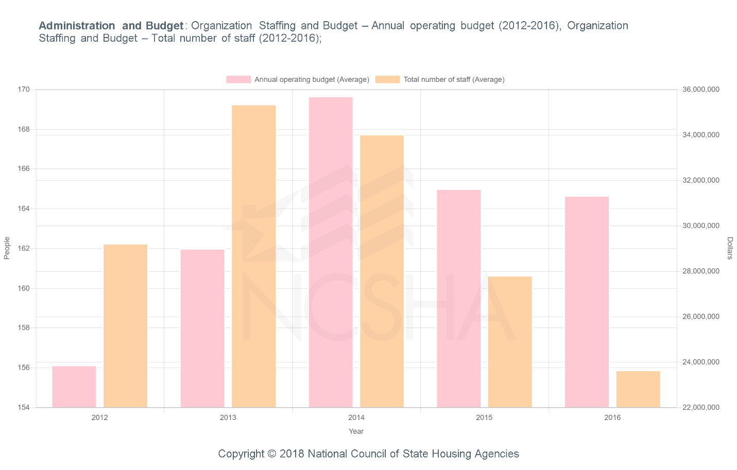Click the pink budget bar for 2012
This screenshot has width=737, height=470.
(x=74, y=387)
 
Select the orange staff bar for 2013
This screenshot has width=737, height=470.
(x=253, y=256)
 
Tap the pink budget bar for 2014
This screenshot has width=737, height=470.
(x=331, y=252)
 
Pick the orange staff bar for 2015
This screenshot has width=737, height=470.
(x=510, y=342)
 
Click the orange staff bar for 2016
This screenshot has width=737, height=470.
(x=638, y=389)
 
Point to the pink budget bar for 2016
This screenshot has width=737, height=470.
(x=587, y=302)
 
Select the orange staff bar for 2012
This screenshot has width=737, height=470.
(x=125, y=326)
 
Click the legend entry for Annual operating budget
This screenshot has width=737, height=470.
(x=298, y=79)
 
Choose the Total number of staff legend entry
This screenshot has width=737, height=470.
(x=440, y=79)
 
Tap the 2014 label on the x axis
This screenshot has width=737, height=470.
(x=356, y=417)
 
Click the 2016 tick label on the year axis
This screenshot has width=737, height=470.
(x=612, y=417)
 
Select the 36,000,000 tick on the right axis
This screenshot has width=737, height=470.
(x=700, y=90)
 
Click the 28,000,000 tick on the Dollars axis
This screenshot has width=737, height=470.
(x=700, y=271)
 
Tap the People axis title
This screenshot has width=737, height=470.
(x=7, y=248)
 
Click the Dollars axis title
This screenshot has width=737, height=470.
(x=730, y=248)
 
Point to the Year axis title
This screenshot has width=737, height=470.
(x=356, y=431)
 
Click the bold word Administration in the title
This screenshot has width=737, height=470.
(x=77, y=26)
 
